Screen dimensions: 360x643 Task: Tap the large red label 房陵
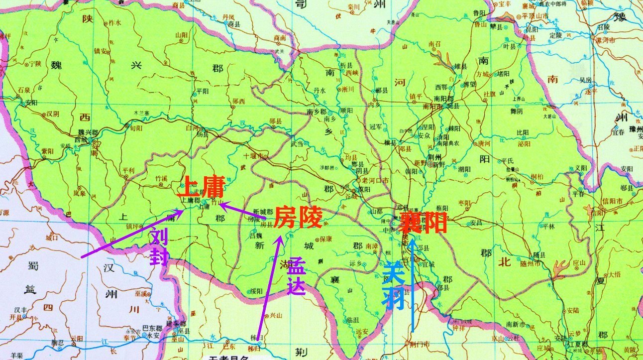pos(298,217)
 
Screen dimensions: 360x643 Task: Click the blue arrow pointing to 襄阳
pos(413,284)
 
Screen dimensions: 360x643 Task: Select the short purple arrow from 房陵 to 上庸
pos(244,211)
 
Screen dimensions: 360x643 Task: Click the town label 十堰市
pos(253,155)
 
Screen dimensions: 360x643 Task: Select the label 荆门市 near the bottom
pos(418,344)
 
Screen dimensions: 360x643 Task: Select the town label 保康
pos(325,239)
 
